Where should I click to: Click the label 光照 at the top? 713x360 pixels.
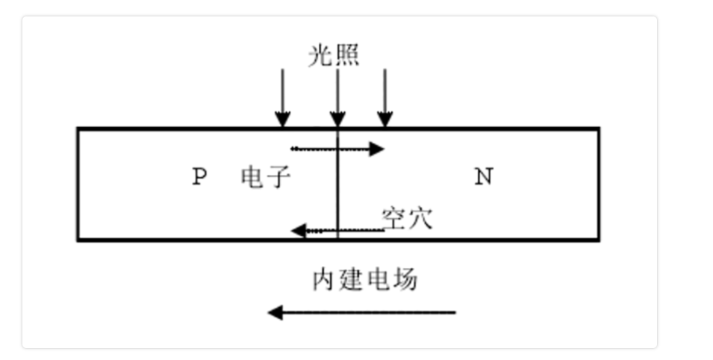334,55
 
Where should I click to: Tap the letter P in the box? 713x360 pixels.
199,177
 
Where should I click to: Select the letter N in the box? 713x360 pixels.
484,177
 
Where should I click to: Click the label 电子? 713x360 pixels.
265,177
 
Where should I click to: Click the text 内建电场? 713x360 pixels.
365,279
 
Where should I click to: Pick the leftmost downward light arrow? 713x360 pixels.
282,97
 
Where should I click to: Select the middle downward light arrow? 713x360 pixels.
337,97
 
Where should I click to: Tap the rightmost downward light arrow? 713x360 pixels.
384,97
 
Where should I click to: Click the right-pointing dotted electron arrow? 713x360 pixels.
336,149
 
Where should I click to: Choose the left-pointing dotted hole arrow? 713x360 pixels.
336,230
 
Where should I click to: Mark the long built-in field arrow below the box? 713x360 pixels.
362,312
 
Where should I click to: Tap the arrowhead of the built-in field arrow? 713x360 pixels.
275,312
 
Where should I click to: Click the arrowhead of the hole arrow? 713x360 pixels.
297,230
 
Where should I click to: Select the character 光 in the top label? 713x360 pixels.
321,55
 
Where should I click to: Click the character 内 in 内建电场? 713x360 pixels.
325,279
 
